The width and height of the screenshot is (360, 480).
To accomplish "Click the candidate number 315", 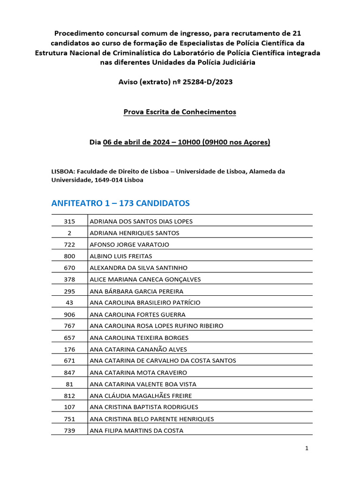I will click(69, 221).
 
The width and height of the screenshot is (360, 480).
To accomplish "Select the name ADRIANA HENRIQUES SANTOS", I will click(134, 233).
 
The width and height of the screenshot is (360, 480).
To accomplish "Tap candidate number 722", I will click(69, 245).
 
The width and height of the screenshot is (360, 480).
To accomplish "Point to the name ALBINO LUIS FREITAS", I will click(121, 256).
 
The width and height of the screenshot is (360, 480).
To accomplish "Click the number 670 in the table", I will click(69, 268).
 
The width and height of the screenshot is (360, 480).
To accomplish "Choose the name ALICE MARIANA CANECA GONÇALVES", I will click(145, 279).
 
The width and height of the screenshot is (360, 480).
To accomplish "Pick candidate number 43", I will click(69, 303).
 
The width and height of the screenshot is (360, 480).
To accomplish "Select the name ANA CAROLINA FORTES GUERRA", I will click(137, 315).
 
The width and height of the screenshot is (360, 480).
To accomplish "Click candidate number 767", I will click(69, 326).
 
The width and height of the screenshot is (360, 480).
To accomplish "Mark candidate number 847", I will click(69, 373).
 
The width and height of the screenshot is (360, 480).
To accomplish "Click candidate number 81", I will click(69, 384).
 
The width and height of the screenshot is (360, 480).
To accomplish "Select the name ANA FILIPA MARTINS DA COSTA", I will click(136, 431).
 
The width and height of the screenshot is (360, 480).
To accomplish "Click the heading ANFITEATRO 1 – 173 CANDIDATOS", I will click(120, 203).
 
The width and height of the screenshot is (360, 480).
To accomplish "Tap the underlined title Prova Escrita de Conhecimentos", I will click(180, 112).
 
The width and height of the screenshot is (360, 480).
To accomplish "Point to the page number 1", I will click(307, 449).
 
